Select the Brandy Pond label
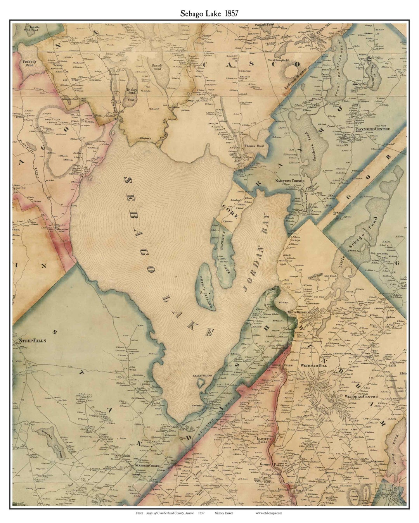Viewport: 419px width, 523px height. [157, 66]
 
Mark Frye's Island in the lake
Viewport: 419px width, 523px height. [207, 287]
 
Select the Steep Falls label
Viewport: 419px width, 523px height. [29, 341]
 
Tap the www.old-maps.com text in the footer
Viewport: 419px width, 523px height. [269, 513]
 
